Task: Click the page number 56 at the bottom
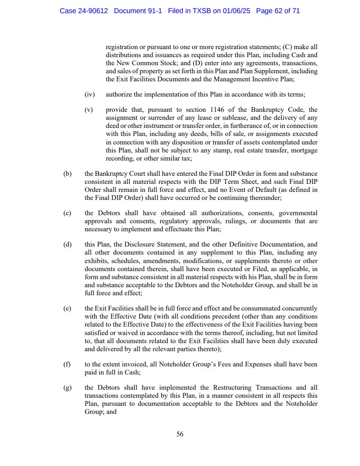[180, 434]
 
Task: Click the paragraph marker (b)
[66, 174]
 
